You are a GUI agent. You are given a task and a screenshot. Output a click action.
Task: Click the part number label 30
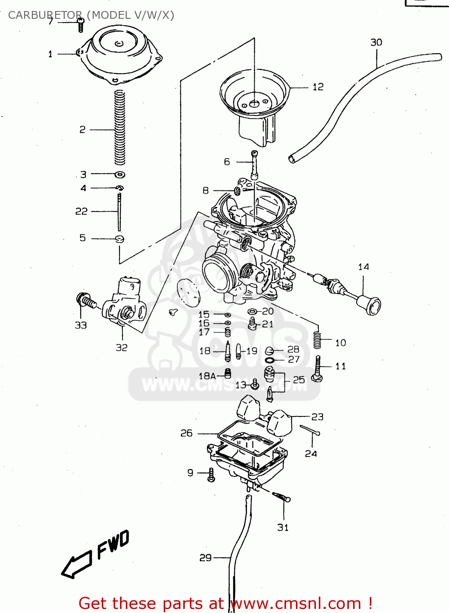click(376, 43)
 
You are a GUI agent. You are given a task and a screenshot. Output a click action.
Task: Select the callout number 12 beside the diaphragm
click(318, 87)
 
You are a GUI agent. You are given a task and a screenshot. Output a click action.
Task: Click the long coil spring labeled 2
click(119, 128)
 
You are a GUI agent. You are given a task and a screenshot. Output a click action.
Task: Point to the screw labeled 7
click(80, 25)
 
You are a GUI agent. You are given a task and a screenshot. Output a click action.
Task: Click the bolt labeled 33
click(85, 301)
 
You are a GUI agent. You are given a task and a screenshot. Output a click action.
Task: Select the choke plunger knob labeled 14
click(369, 304)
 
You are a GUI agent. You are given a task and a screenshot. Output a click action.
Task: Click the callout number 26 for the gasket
click(186, 433)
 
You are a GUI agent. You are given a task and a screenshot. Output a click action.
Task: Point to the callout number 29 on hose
click(205, 557)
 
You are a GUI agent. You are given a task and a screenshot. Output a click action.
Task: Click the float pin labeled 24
click(310, 430)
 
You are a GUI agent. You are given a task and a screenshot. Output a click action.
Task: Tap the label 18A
click(207, 376)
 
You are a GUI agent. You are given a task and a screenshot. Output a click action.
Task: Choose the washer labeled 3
click(120, 175)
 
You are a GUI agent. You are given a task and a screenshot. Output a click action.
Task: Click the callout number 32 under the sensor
click(121, 347)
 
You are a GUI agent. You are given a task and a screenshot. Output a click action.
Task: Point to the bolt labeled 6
click(255, 164)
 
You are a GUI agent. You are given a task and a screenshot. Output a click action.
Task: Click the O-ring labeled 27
click(269, 360)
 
